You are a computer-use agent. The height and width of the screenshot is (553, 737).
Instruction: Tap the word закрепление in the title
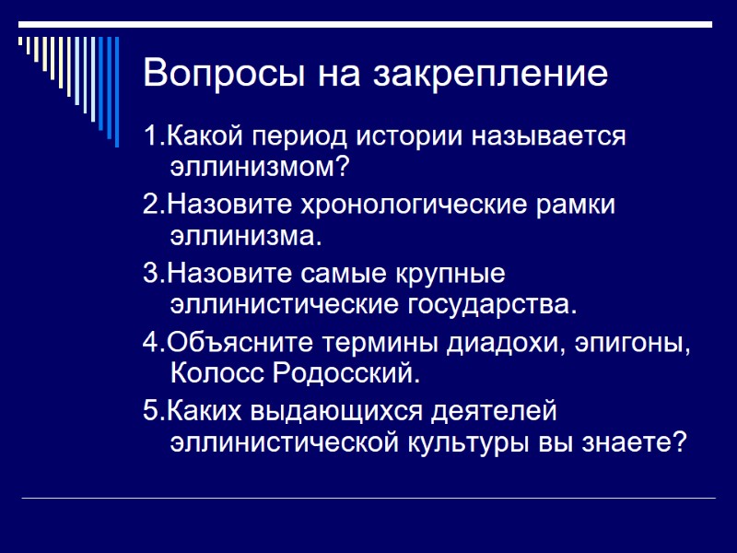[x=490, y=74]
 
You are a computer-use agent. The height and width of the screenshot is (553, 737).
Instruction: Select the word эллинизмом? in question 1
[x=261, y=168]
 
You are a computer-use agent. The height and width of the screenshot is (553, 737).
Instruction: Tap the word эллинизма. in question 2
[x=246, y=236]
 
